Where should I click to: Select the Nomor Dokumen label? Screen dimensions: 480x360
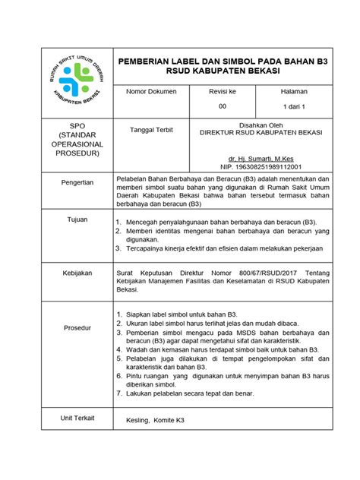[x=152, y=91]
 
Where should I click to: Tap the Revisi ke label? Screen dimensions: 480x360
[x=223, y=91]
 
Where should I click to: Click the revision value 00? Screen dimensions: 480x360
[x=223, y=106]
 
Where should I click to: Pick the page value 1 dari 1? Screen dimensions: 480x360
[x=293, y=106]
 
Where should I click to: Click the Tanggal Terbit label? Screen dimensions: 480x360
[x=152, y=130]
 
